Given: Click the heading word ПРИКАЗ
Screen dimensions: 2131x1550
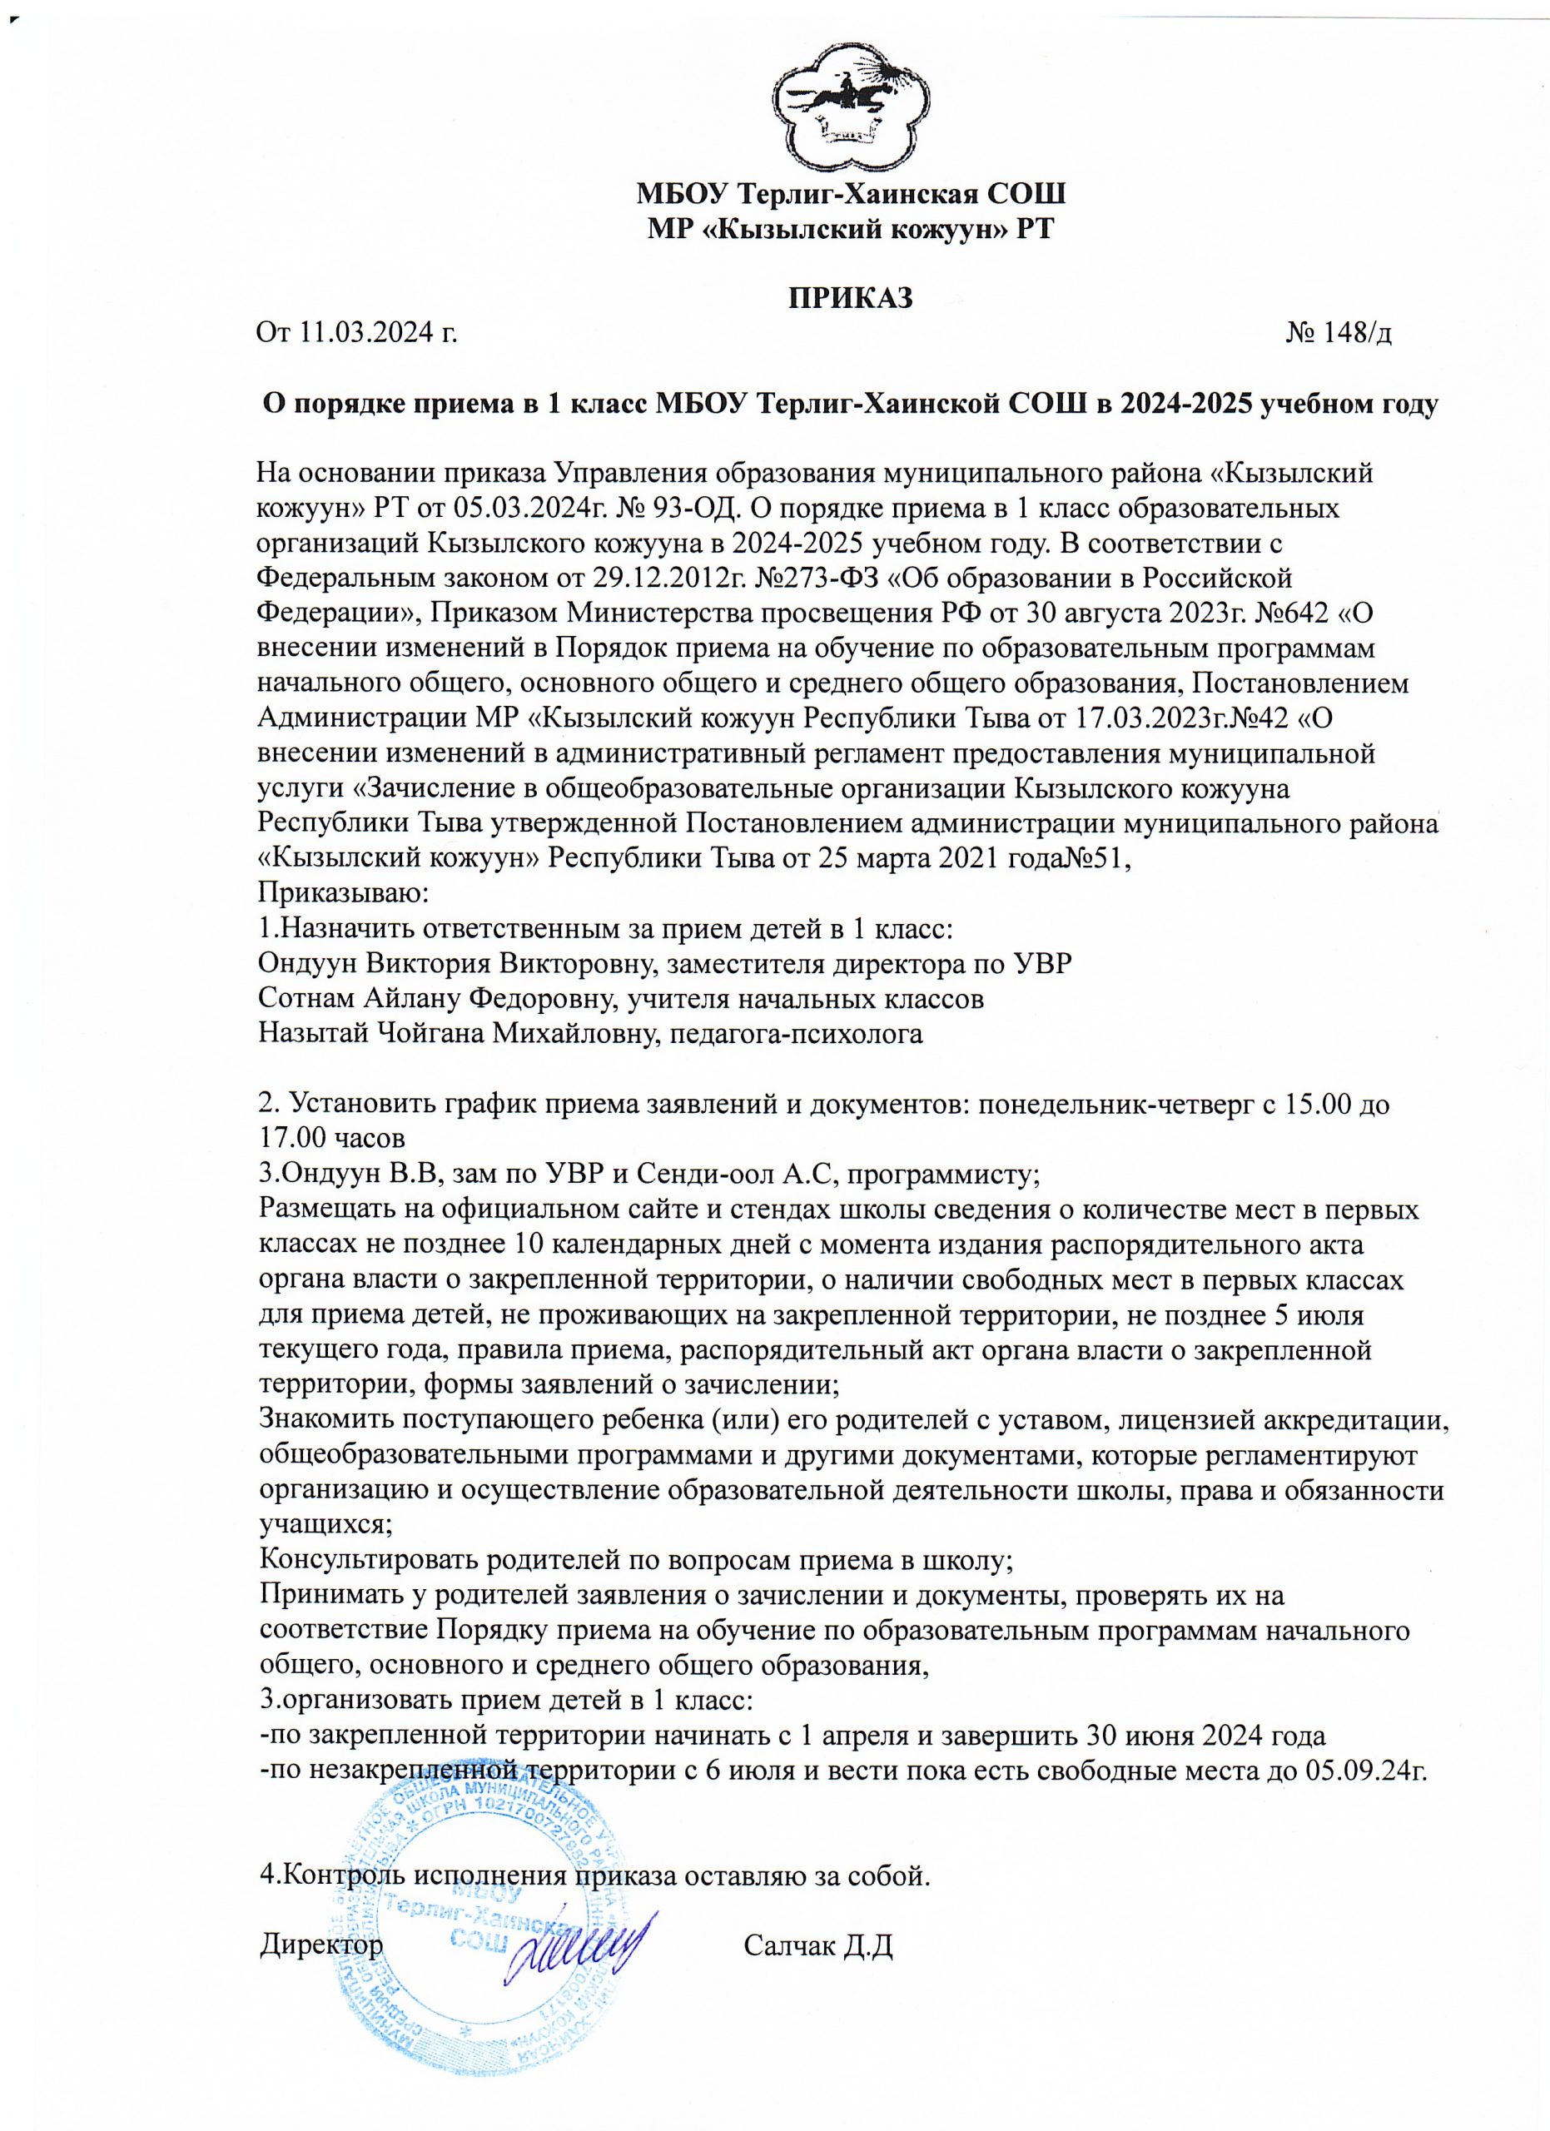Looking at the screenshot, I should click(x=850, y=298).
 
